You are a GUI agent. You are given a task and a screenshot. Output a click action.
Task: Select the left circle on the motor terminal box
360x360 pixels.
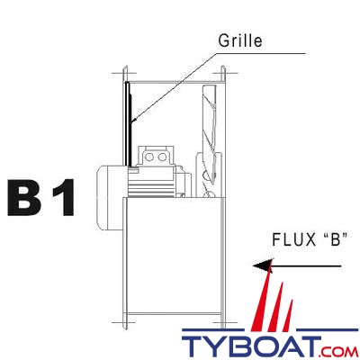click(x=150, y=158)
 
